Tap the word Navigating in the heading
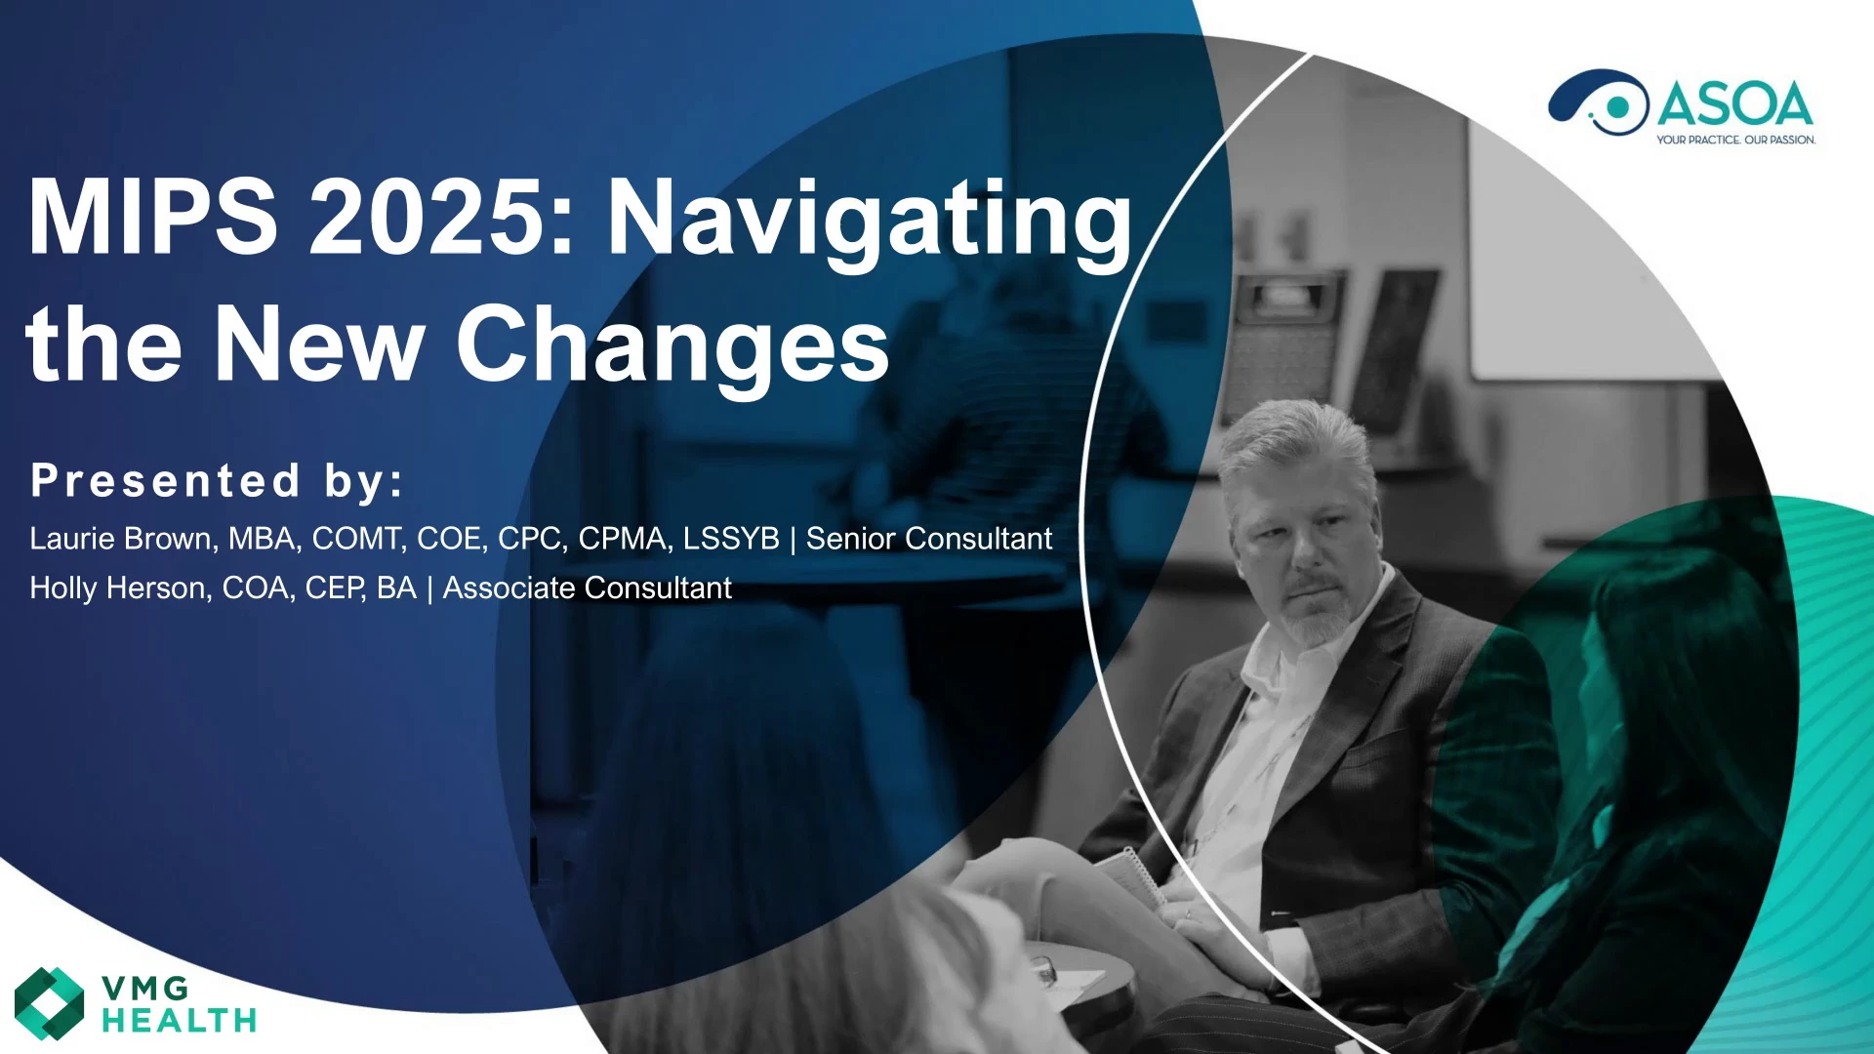[870, 223]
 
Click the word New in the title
[318, 344]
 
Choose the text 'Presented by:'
[217, 481]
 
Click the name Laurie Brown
[120, 539]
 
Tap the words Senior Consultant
[929, 539]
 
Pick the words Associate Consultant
[587, 588]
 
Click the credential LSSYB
[731, 539]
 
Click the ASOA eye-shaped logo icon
[1598, 101]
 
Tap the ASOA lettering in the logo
[1735, 104]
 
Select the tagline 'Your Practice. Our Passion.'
[1735, 140]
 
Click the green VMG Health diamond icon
[50, 1003]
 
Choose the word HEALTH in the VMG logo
[180, 1021]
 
